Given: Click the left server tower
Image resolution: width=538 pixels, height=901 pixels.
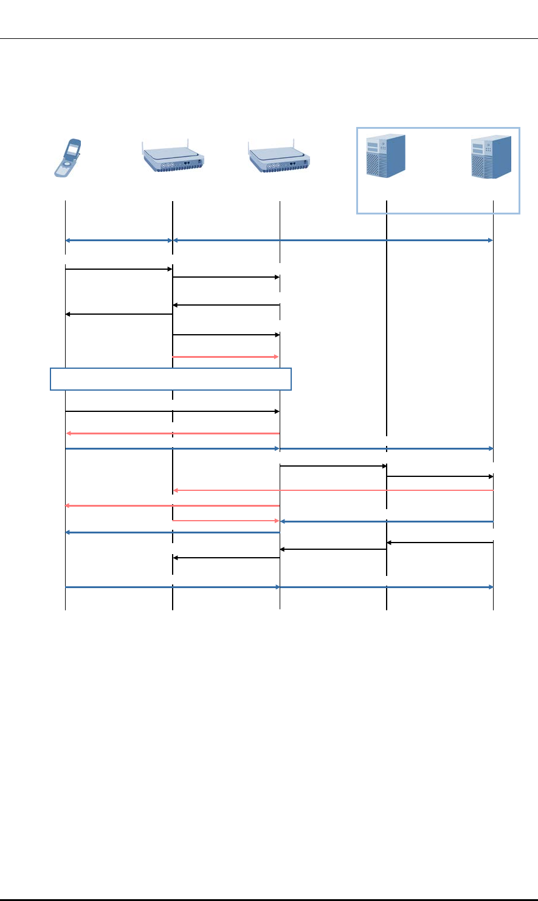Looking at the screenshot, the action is point(385,157).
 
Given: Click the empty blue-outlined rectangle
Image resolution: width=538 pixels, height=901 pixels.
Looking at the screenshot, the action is point(171,379).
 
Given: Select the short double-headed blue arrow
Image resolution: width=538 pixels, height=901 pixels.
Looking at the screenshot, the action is point(119,241).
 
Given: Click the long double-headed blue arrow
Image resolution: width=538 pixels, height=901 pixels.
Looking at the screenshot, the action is point(333,241).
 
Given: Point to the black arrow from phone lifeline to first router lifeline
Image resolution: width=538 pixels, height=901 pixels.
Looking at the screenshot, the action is point(119,269).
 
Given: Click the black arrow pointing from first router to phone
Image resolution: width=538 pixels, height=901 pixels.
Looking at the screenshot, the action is point(119,314).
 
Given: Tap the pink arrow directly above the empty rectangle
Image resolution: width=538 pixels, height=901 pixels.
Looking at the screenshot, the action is point(226,357).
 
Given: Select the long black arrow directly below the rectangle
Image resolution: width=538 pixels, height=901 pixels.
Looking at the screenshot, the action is point(172,411).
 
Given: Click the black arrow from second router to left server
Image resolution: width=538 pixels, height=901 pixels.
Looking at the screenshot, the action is point(333,467).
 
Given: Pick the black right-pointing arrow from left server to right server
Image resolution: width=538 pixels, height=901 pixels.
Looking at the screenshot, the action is point(440,477).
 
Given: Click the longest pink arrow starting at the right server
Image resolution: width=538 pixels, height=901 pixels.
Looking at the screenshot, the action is point(333,490).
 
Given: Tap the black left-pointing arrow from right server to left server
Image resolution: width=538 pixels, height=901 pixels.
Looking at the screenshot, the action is point(440,543).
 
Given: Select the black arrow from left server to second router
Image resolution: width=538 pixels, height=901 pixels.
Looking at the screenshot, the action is point(333,550).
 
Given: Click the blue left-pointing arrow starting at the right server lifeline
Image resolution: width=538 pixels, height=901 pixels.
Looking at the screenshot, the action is point(386,521).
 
